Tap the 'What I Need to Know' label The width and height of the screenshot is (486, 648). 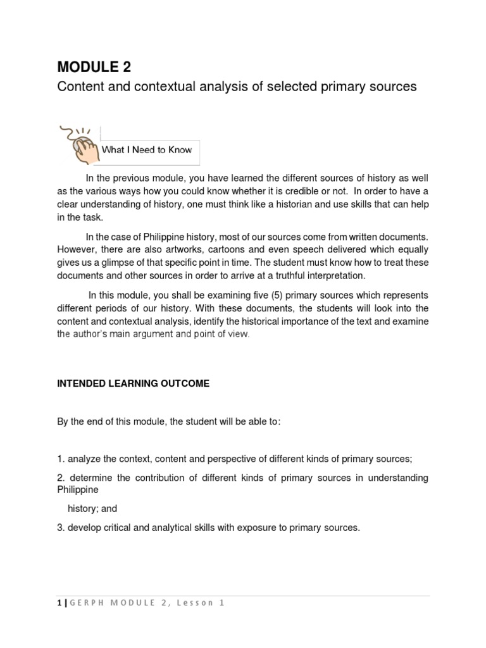click(147, 150)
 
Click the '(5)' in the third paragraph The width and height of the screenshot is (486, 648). click(245, 295)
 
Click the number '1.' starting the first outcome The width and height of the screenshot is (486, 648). click(61, 459)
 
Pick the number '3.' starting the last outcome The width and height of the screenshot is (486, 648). click(61, 526)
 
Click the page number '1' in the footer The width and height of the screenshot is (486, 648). click(59, 603)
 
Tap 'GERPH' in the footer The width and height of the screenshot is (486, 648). click(82, 603)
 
